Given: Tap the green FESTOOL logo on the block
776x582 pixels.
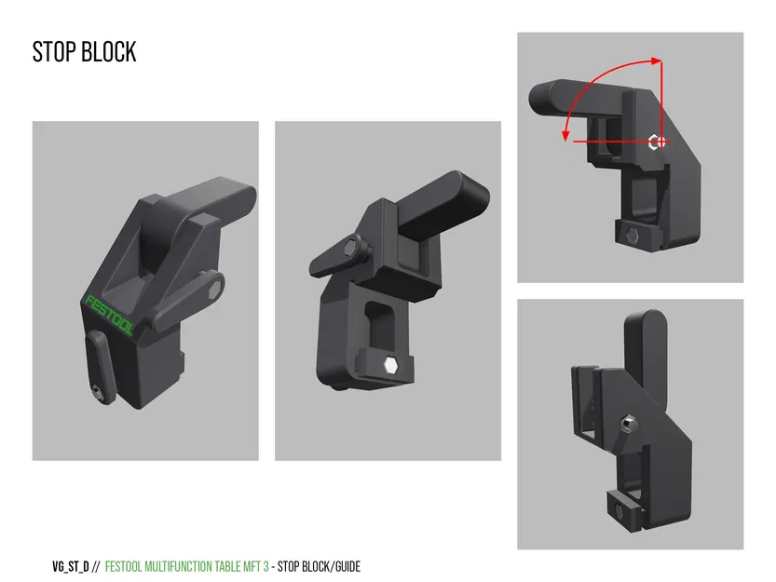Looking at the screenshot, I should click(x=111, y=316).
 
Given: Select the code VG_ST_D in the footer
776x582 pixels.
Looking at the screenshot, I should click(x=70, y=566).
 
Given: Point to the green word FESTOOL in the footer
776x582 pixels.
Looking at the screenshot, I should click(x=128, y=566).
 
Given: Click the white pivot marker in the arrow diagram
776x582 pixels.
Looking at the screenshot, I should click(x=657, y=142).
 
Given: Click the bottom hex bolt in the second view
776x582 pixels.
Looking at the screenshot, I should click(x=392, y=365).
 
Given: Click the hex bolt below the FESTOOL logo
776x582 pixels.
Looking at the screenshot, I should click(x=98, y=394).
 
